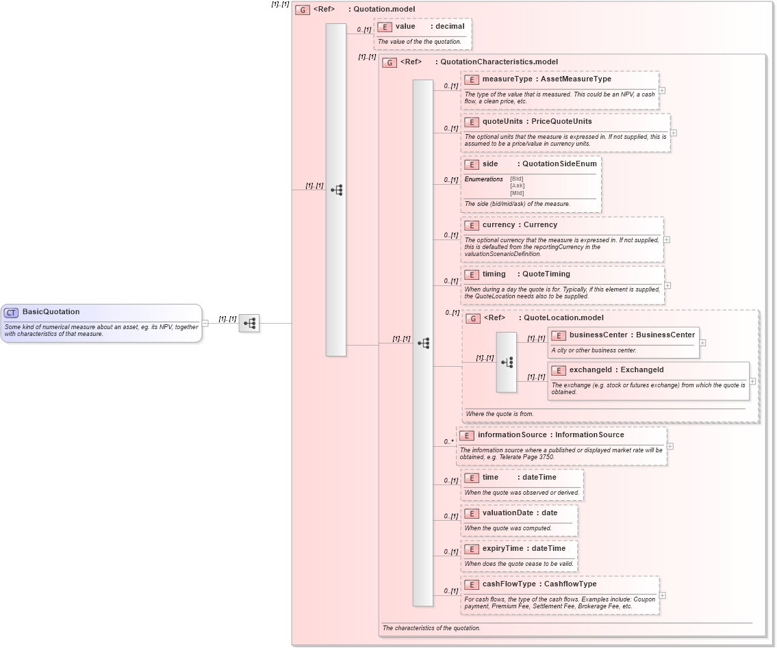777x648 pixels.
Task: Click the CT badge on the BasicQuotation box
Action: [11, 313]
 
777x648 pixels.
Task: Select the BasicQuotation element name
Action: [51, 312]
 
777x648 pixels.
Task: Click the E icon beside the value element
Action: [385, 27]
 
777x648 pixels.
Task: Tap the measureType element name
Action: [507, 79]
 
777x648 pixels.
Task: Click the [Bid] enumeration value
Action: [517, 179]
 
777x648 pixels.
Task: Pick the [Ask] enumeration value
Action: [517, 186]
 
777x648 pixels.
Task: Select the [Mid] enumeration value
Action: [517, 193]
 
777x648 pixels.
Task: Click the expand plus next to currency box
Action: [667, 240]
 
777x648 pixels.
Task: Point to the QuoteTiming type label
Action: [546, 274]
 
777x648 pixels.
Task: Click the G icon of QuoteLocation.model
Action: [473, 318]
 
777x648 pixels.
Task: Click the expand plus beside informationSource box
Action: [670, 446]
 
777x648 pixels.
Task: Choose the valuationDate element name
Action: [507, 513]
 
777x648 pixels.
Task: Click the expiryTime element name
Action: [502, 549]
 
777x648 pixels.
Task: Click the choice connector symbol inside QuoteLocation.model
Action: [507, 363]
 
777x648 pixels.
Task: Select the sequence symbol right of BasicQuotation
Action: [249, 324]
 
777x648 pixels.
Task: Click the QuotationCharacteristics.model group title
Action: [498, 62]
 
